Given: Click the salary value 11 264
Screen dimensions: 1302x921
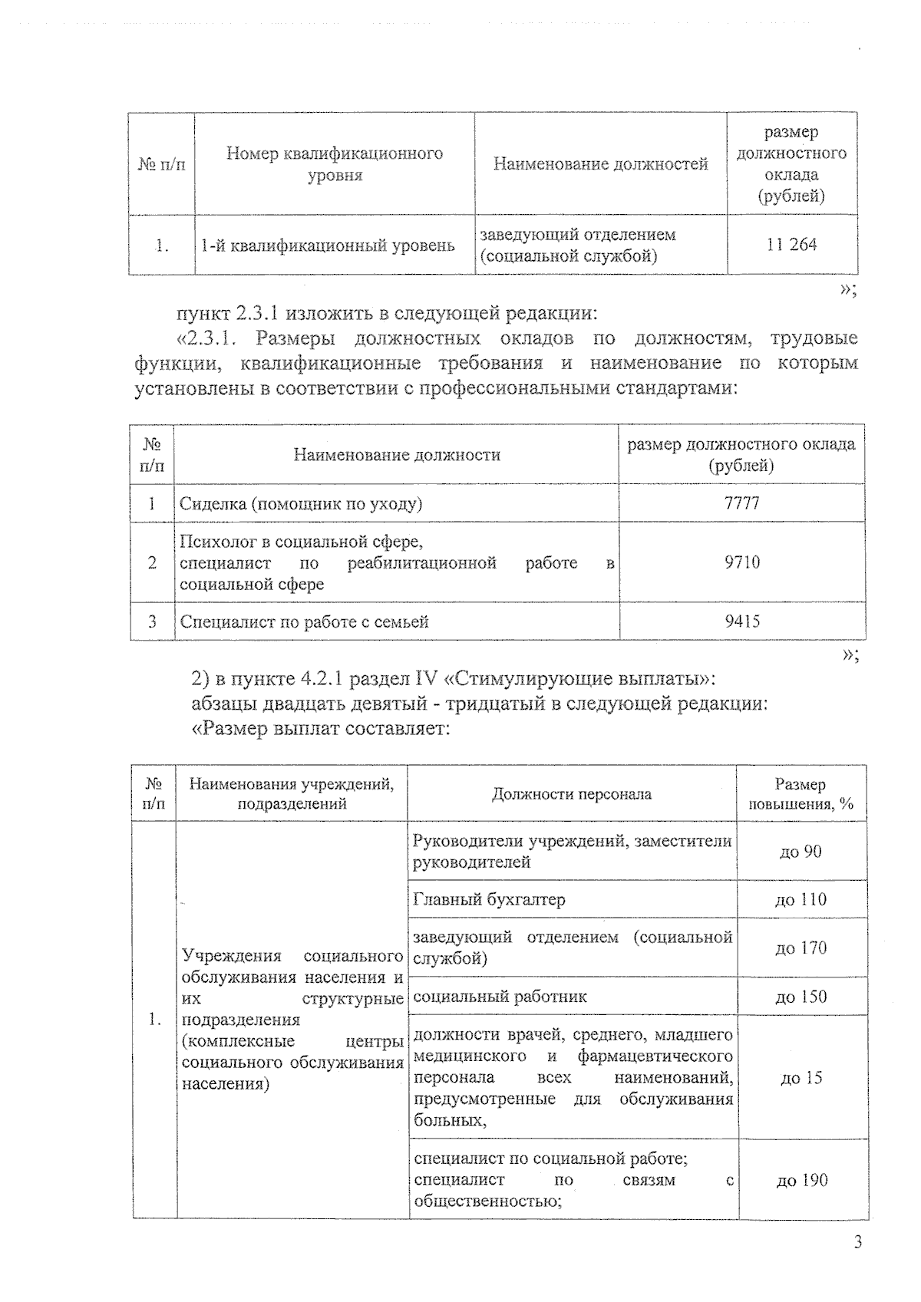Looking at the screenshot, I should pyautogui.click(x=791, y=245).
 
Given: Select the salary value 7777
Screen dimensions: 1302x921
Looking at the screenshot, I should pyautogui.click(x=741, y=503).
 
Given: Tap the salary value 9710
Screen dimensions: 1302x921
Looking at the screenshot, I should pyautogui.click(x=741, y=562).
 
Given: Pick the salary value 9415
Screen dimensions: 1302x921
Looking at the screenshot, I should pyautogui.click(x=741, y=621).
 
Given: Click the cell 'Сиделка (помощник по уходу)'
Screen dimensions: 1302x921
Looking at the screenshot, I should pyautogui.click(x=301, y=504).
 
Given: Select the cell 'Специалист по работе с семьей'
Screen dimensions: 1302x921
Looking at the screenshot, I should pyautogui.click(x=304, y=621).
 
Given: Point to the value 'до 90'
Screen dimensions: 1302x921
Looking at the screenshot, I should pyautogui.click(x=801, y=852).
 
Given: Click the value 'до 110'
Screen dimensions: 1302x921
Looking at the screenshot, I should pyautogui.click(x=801, y=899).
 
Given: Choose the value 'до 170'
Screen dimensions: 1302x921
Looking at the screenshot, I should pyautogui.click(x=801, y=948).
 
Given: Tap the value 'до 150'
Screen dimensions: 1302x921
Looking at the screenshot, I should pyautogui.click(x=801, y=997).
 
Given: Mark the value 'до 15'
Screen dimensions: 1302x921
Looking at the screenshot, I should pyautogui.click(x=801, y=1078).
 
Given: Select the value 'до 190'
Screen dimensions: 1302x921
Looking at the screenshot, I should pyautogui.click(x=801, y=1180).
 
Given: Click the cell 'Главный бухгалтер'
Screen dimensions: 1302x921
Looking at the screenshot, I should pyautogui.click(x=489, y=899).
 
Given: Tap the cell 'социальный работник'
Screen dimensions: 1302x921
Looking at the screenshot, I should pyautogui.click(x=500, y=997).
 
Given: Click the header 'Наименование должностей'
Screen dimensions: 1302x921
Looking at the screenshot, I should pyautogui.click(x=600, y=163).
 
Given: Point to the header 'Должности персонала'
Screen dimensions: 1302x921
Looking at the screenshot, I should pyautogui.click(x=571, y=794).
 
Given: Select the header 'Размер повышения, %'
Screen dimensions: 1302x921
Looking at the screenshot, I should pyautogui.click(x=801, y=794).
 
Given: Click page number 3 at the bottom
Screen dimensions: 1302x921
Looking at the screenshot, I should pyautogui.click(x=857, y=1242).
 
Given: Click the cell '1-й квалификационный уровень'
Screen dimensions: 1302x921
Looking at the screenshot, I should pyautogui.click(x=328, y=246).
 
